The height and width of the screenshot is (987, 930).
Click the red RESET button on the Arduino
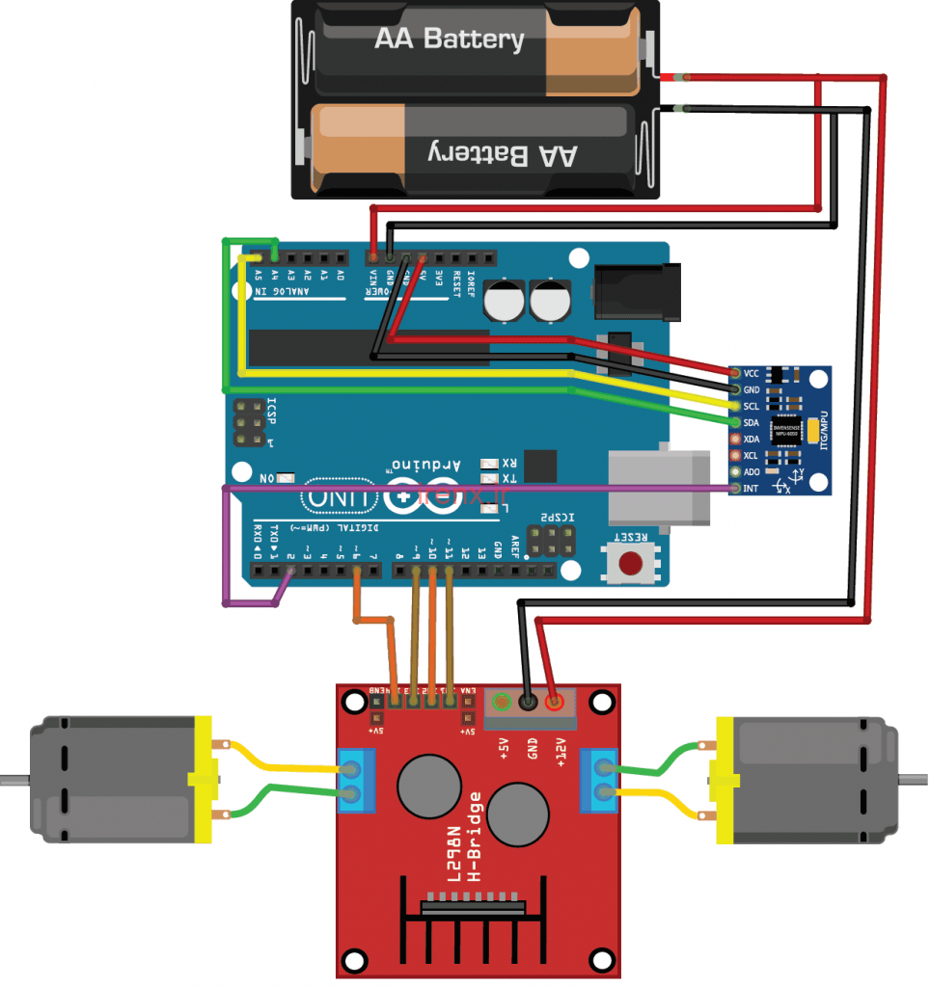pos(632,563)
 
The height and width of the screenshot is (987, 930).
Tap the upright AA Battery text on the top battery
pos(449,40)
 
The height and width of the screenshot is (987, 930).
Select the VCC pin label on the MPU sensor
pos(752,373)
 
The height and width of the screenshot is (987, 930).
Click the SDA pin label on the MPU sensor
pos(752,422)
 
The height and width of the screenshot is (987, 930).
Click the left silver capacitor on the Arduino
pos(504,301)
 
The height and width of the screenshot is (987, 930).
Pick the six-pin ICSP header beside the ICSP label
pos(248,426)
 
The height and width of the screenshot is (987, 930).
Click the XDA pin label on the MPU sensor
pos(752,439)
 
